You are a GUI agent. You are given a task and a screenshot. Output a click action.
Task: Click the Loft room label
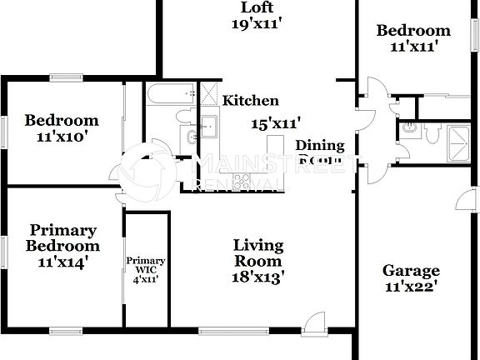pyautogui.click(x=257, y=9)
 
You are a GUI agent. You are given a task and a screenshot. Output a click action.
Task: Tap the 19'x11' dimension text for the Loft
pyautogui.click(x=257, y=25)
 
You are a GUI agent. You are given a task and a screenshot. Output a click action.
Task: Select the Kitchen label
pyautogui.click(x=250, y=101)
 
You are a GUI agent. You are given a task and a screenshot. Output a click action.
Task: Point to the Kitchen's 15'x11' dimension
pyautogui.click(x=276, y=122)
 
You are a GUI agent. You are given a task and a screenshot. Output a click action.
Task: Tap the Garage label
pyautogui.click(x=411, y=270)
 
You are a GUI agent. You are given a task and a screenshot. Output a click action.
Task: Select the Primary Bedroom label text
pyautogui.click(x=62, y=237)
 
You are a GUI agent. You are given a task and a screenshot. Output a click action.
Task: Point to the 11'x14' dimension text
pyautogui.click(x=62, y=262)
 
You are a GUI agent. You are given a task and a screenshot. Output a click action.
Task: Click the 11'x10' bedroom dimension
pyautogui.click(x=61, y=135)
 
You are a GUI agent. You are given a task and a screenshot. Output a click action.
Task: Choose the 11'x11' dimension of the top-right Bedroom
pyautogui.click(x=413, y=47)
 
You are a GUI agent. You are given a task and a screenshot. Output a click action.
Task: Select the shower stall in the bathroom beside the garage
pyautogui.click(x=458, y=137)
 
